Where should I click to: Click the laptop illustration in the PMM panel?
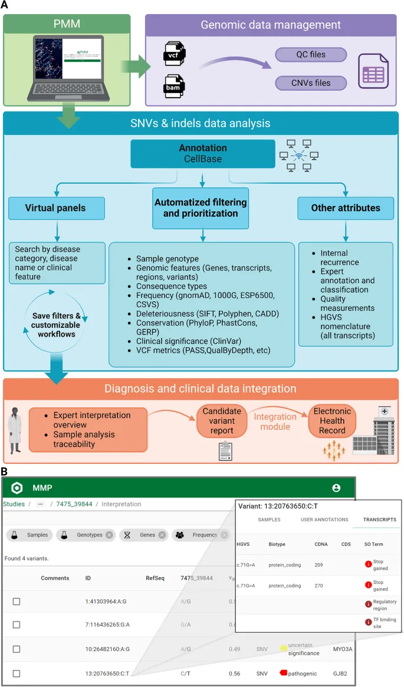[x=71, y=71]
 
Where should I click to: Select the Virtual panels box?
[x=57, y=208]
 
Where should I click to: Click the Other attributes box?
[x=346, y=208]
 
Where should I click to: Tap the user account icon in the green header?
[x=336, y=488]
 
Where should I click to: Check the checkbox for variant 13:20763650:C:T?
[x=17, y=673]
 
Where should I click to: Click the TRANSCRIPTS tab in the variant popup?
[x=379, y=520]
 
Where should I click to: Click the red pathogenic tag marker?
[x=282, y=672]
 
